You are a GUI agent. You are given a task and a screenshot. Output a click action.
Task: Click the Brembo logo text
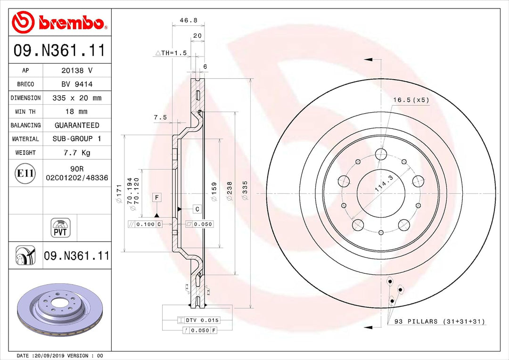[x=71, y=22]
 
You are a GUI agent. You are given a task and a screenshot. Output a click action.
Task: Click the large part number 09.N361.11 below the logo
[x=59, y=50]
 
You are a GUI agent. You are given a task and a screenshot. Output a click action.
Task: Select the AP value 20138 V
[x=77, y=70]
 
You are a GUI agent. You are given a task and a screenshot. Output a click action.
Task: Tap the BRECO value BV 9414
[x=77, y=84]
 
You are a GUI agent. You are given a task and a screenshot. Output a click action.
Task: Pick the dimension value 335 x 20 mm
[x=77, y=98]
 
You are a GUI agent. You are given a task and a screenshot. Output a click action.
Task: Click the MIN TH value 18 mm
[x=77, y=112]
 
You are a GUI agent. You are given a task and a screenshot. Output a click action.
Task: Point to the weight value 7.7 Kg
[x=77, y=153]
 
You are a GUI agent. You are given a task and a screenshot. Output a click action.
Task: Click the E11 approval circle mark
[x=25, y=173]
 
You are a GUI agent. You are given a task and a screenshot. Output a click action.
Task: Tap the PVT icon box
[x=60, y=228]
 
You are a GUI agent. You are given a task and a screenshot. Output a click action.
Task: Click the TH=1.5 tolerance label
[x=172, y=53]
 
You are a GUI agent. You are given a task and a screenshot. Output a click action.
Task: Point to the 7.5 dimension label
[x=160, y=117]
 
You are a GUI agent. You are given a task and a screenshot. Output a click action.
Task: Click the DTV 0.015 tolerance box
[x=198, y=320]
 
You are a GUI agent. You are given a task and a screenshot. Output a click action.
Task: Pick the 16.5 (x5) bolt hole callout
[x=411, y=100]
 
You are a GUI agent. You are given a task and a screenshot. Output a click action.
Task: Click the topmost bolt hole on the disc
[x=381, y=154]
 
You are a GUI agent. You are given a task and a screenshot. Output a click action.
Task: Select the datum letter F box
[x=156, y=197]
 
